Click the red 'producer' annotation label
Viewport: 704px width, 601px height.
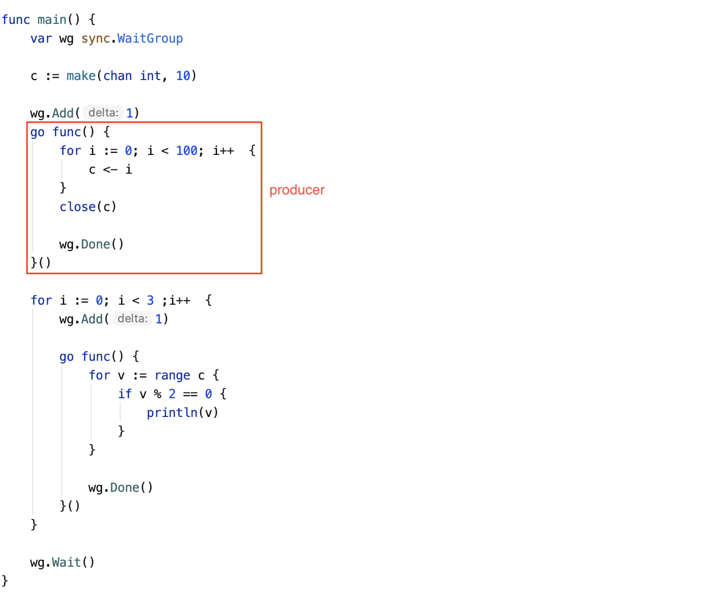tap(297, 190)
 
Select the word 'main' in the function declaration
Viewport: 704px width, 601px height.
tap(52, 20)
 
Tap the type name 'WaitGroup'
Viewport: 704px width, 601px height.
tap(150, 38)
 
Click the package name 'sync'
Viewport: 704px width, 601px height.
tap(96, 38)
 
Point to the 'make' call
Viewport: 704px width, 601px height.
tap(81, 76)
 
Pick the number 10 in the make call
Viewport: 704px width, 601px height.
tap(183, 76)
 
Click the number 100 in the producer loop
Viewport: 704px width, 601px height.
tap(187, 151)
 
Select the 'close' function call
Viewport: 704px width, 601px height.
tap(77, 207)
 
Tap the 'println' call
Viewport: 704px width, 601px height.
tap(172, 413)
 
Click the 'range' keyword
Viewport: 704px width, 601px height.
tap(172, 375)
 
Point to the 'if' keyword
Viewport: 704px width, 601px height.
tap(125, 394)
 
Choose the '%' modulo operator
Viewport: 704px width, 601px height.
tap(158, 394)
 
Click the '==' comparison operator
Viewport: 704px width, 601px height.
tap(190, 394)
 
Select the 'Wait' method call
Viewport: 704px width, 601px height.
tap(66, 563)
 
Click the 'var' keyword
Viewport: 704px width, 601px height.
tap(41, 38)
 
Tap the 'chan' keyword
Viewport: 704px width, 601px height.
tap(118, 76)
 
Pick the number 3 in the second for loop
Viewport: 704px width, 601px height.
tap(150, 300)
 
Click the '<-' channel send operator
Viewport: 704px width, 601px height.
tap(110, 169)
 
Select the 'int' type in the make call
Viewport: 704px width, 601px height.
tap(150, 76)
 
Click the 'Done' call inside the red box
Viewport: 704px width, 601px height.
tap(95, 244)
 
